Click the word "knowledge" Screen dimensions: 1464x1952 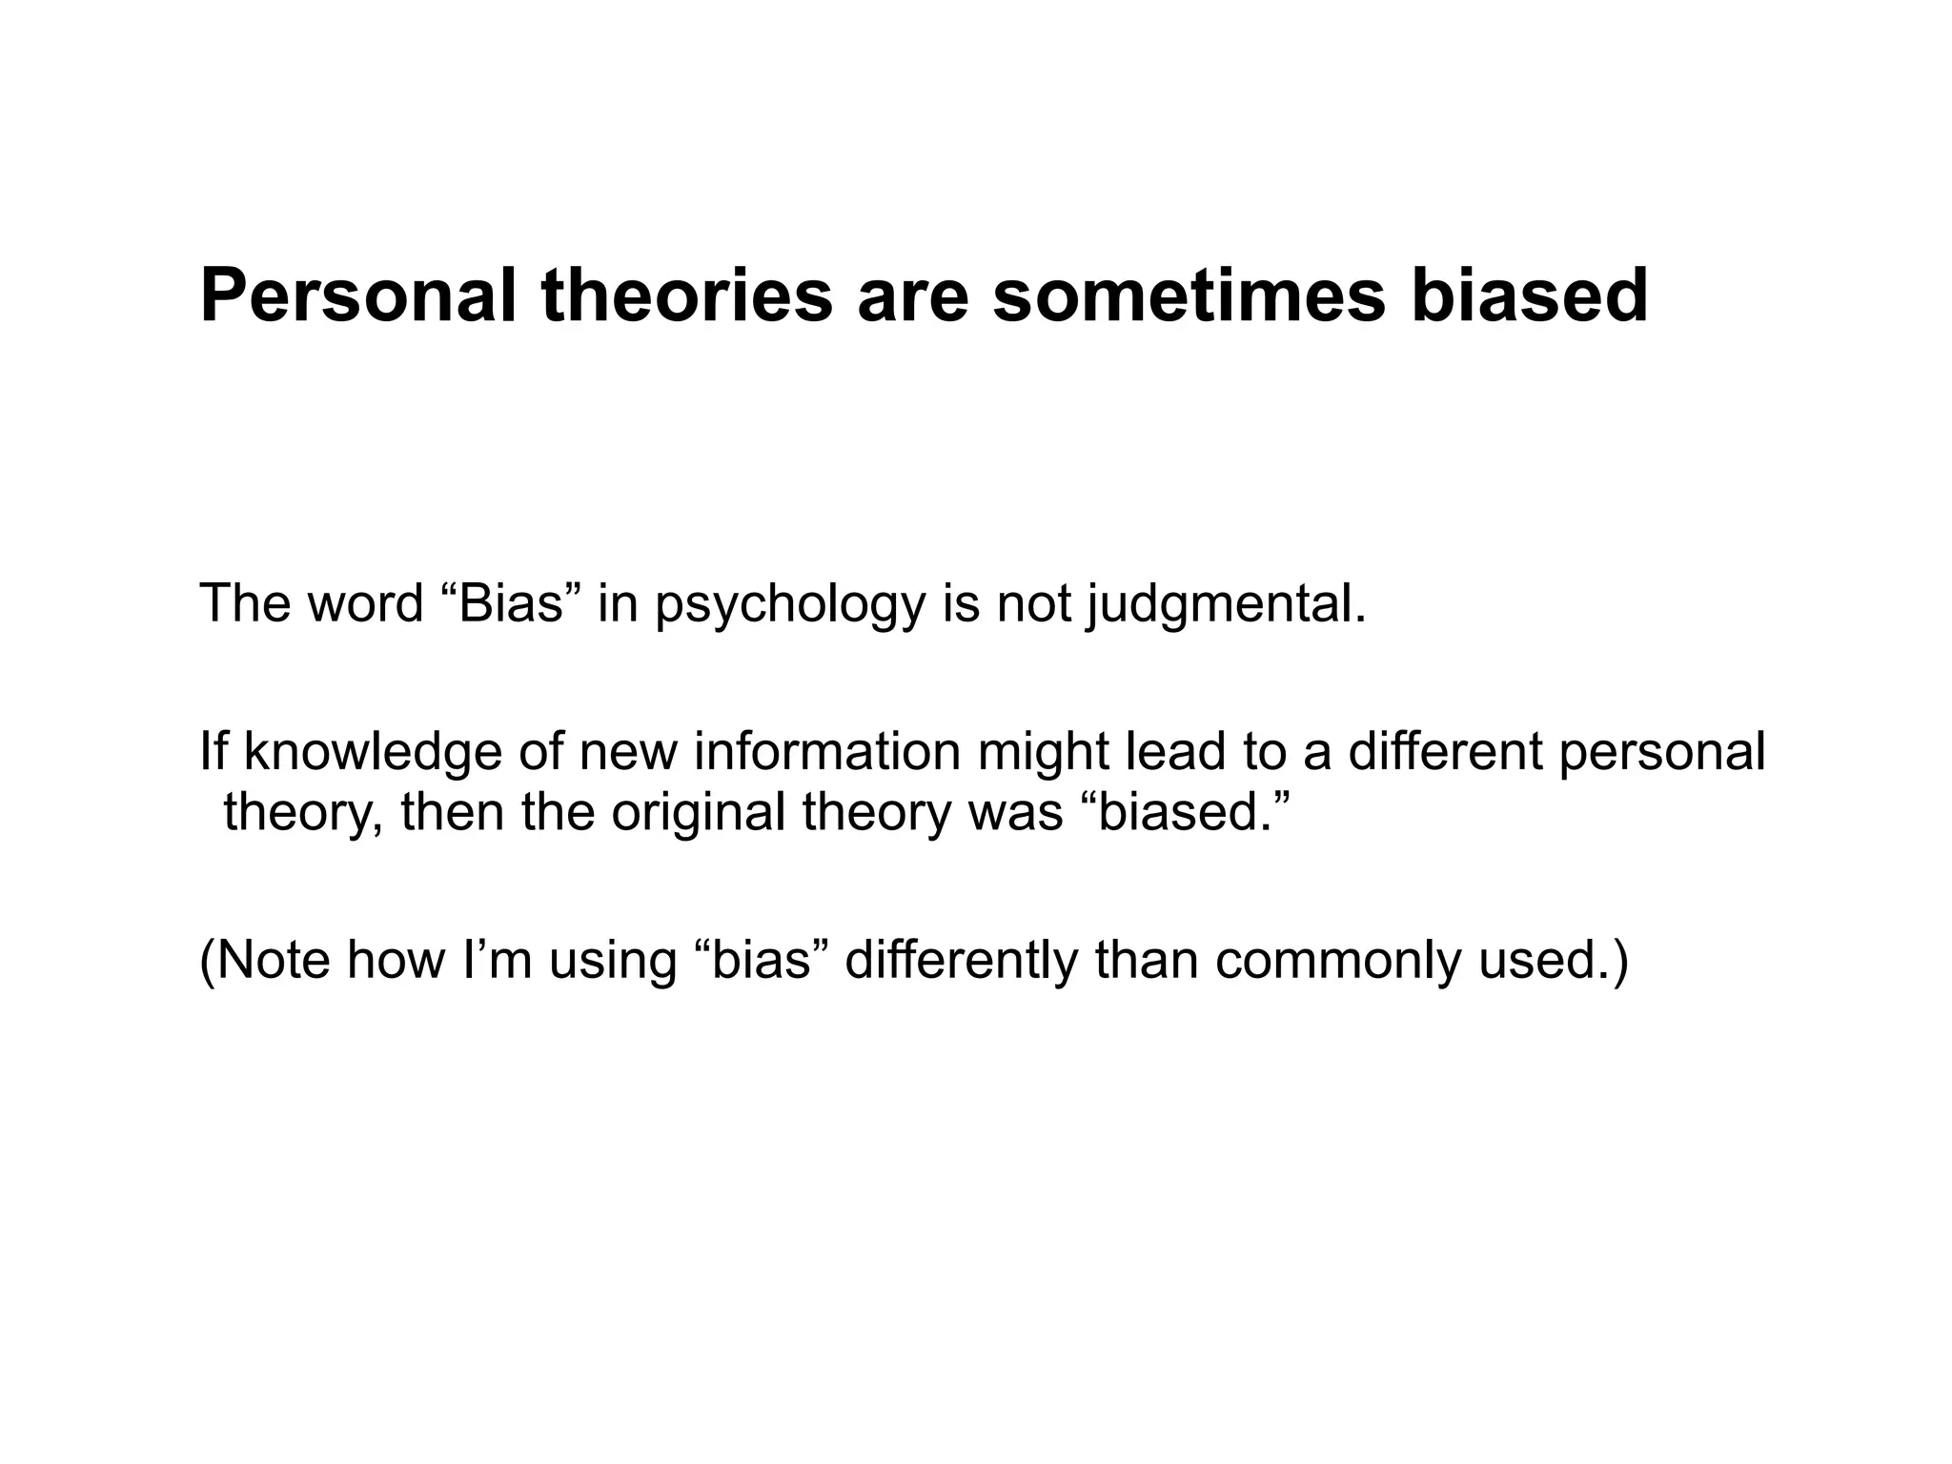pos(373,753)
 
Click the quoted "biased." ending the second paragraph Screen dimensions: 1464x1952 pos(1187,812)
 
